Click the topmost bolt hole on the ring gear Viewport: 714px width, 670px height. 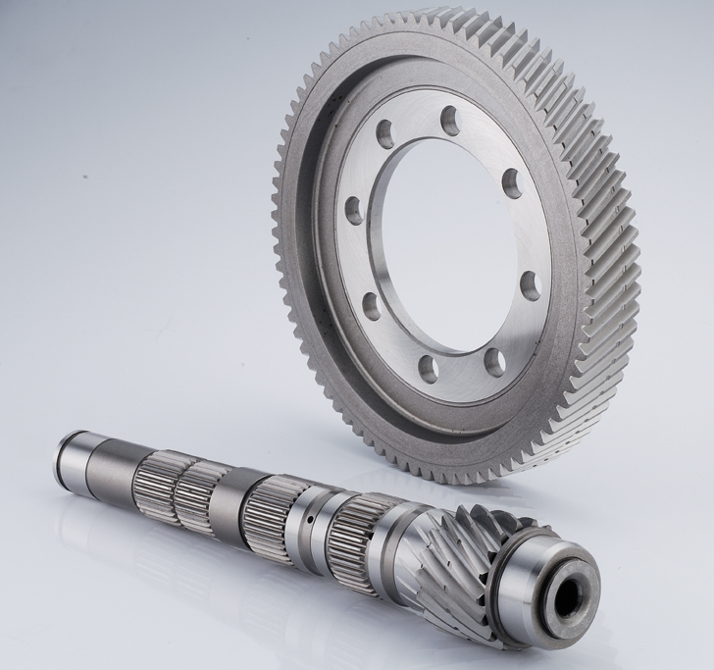click(x=450, y=121)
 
